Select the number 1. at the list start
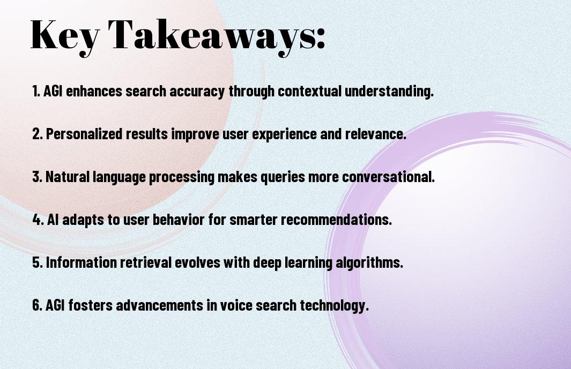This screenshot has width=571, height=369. coord(36,91)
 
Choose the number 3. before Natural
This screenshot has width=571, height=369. coord(38,177)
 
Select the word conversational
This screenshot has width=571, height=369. coord(388,177)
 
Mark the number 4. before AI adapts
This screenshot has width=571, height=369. coord(38,220)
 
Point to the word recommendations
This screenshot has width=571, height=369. coord(336,220)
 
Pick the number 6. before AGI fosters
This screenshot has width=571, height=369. coord(38,305)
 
